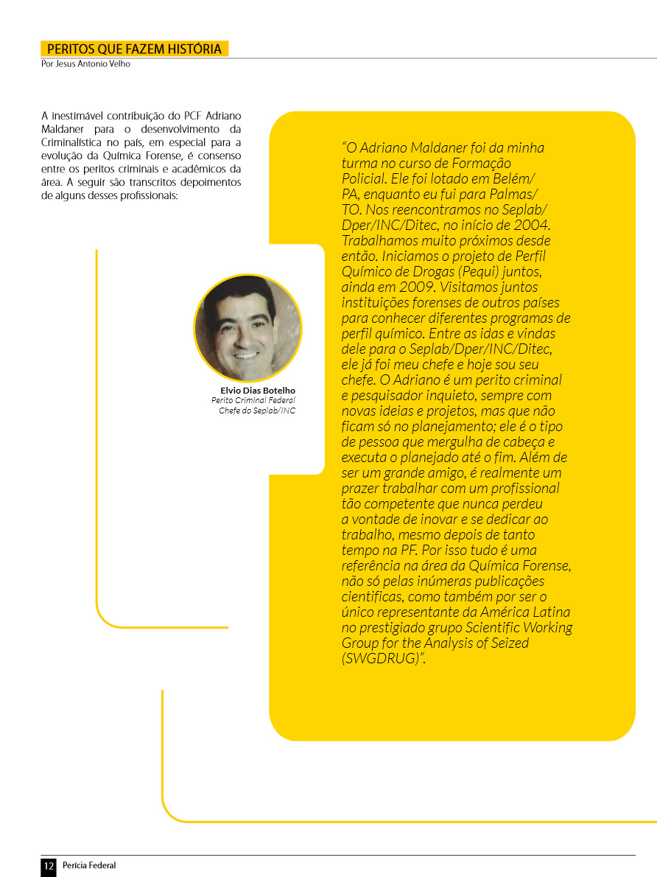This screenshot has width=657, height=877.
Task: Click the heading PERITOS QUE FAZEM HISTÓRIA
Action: coord(134,49)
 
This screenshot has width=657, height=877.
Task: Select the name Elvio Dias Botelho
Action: coord(258,391)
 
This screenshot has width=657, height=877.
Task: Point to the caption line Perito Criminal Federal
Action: coord(253,400)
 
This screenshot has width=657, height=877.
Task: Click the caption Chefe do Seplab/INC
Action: coord(257,410)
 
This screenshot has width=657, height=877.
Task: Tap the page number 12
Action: coord(49,866)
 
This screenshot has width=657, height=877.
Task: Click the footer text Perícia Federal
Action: coord(89,866)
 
